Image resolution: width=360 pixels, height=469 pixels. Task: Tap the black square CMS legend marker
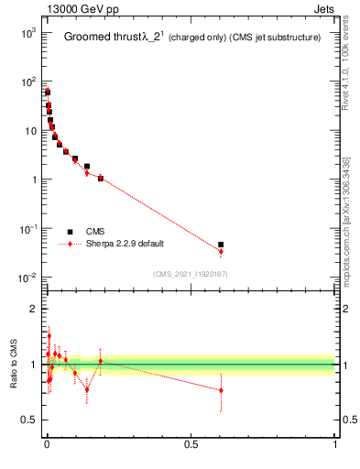coord(70,232)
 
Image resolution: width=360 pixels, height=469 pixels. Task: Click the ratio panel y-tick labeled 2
coord(33,309)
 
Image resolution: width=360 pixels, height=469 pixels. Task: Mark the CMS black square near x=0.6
coord(221,245)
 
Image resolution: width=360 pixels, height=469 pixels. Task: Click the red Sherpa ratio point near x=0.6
coord(221,390)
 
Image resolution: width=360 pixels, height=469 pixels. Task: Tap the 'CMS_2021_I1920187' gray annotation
coord(190,274)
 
